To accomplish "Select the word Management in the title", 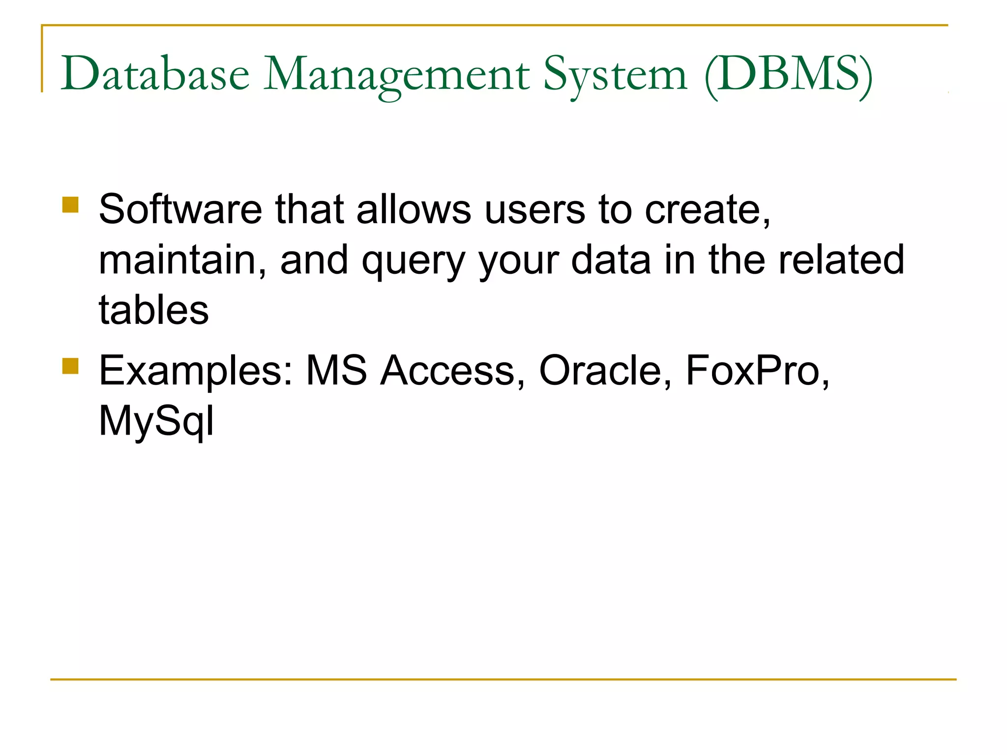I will [396, 75].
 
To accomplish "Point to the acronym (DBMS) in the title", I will [788, 75].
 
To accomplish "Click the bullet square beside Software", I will [71, 204].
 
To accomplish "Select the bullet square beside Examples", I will [71, 366].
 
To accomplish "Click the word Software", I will [180, 209].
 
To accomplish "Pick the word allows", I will [414, 209].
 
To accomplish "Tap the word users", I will [534, 209].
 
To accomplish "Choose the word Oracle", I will [600, 371].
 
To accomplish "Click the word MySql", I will [156, 422].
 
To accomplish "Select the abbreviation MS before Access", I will [336, 371].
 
